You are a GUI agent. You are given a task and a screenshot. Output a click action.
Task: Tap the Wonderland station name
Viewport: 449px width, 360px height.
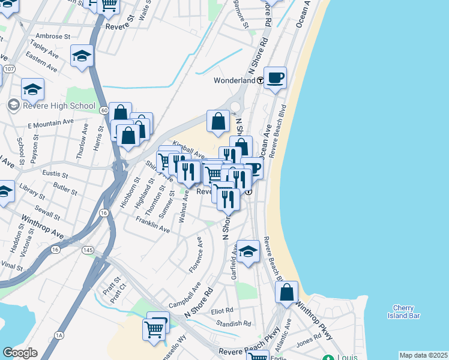tap(235, 80)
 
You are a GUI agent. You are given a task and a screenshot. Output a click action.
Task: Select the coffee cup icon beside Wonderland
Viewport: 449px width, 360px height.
tap(275, 77)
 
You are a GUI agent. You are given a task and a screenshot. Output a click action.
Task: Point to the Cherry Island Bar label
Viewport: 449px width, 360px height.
tap(406, 311)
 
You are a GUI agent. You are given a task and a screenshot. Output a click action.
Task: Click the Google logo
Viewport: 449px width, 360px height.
tap(20, 353)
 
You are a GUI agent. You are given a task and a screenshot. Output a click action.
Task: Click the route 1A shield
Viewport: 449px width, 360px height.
tap(59, 335)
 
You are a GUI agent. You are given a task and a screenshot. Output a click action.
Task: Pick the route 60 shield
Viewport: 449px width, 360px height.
tap(104, 110)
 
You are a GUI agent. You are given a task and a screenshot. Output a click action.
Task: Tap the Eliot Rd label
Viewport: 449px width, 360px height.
tap(221, 310)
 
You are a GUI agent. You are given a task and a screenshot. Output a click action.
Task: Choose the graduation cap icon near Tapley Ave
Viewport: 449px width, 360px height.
tap(82, 56)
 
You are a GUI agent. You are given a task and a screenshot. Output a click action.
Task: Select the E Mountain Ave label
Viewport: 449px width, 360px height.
tap(50, 123)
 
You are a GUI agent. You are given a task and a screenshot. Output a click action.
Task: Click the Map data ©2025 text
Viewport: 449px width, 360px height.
tap(423, 355)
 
